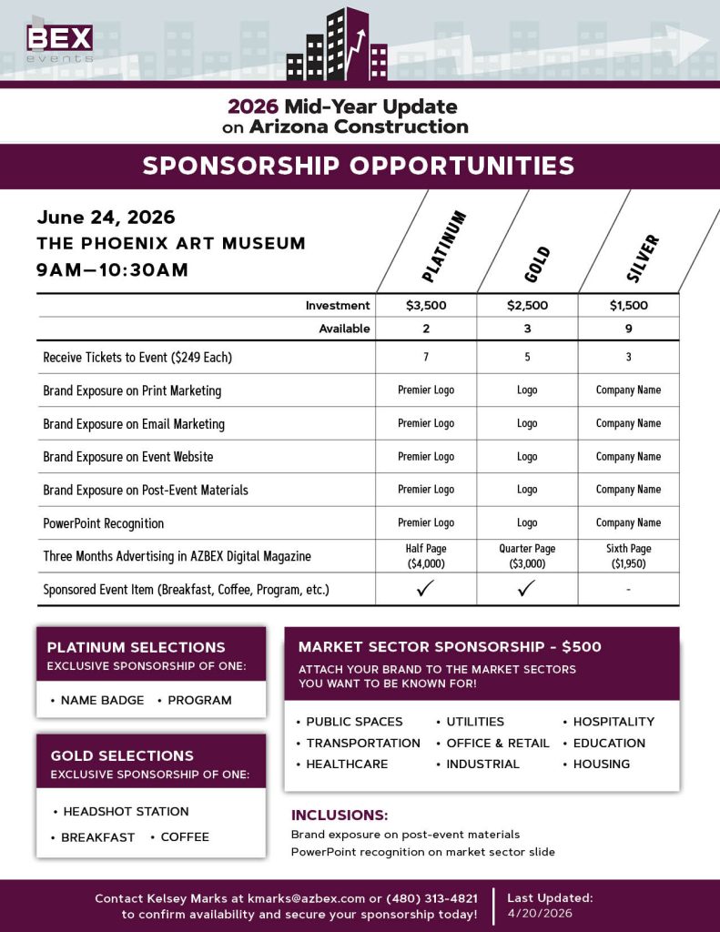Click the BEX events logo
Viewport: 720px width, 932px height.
pos(59,42)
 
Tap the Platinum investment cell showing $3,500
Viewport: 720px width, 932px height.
pos(426,306)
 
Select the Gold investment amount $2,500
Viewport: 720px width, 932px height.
pos(527,306)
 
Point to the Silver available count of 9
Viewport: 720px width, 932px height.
pos(628,329)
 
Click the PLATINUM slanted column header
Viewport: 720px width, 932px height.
pos(445,246)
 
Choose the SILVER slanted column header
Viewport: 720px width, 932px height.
pos(643,258)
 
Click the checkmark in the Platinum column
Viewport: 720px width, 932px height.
pos(426,589)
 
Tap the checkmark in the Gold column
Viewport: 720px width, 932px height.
pos(527,589)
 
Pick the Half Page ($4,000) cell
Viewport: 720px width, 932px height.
pos(426,556)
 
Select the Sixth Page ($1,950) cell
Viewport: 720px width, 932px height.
pos(628,556)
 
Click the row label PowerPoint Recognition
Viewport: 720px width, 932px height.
pos(104,523)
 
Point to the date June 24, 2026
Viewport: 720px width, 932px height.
pos(106,218)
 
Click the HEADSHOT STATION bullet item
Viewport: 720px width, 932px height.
pos(126,811)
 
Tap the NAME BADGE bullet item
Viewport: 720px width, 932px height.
pos(102,700)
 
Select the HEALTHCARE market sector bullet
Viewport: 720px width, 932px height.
pos(347,764)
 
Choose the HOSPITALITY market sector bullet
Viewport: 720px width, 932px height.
pos(614,721)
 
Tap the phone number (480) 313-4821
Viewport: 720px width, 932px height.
pos(431,898)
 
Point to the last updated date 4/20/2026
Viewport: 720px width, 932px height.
pos(541,913)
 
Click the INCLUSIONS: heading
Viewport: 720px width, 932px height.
pos(340,815)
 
